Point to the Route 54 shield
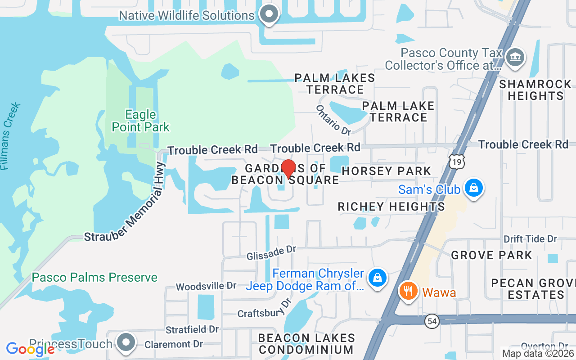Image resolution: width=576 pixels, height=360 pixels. [x=432, y=321]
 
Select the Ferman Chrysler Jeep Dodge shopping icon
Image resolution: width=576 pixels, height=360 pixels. [x=378, y=278]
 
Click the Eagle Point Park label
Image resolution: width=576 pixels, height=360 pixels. [x=141, y=121]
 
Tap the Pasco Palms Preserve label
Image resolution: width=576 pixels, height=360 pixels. [x=94, y=277]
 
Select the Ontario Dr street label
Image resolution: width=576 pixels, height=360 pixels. [x=333, y=120]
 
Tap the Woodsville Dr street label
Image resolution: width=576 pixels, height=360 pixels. [x=206, y=286]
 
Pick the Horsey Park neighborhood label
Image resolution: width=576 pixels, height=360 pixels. [x=387, y=171]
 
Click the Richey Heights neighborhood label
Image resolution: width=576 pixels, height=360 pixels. [x=391, y=207]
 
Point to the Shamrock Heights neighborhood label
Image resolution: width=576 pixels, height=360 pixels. [x=535, y=90]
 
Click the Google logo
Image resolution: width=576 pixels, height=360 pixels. [x=30, y=349]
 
